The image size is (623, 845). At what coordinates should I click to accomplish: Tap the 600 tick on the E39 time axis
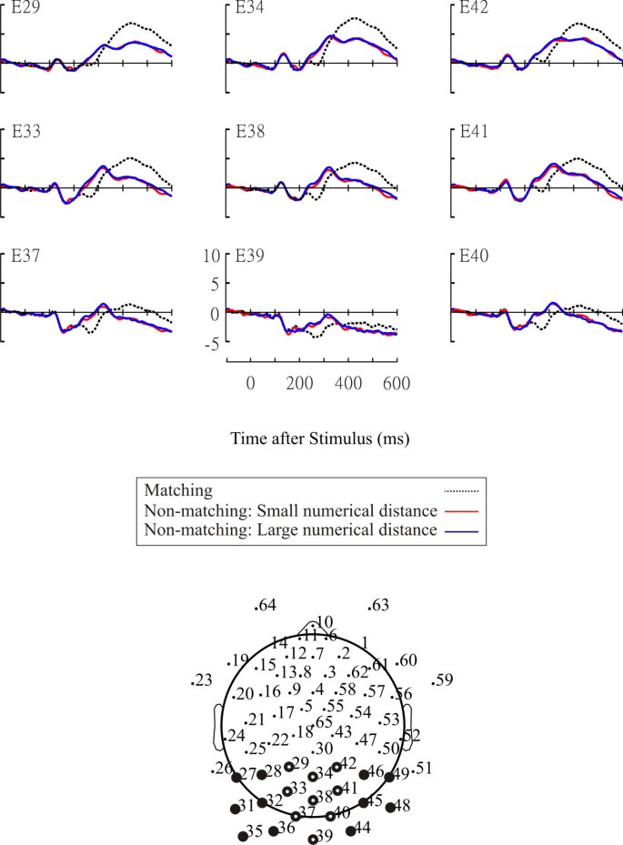[x=396, y=384]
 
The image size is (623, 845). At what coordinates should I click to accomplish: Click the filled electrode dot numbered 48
[x=391, y=807]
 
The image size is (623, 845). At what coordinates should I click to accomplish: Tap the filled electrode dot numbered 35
[x=243, y=836]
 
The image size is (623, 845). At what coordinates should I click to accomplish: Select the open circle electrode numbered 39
[x=313, y=840]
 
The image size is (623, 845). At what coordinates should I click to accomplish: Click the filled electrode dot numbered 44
[x=351, y=830]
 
